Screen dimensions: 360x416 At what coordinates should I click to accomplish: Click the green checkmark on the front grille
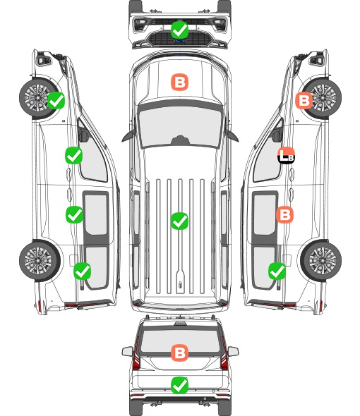pyautogui.click(x=179, y=30)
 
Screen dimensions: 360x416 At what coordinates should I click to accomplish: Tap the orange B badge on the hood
pyautogui.click(x=179, y=82)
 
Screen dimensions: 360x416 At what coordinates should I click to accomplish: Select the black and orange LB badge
pyautogui.click(x=286, y=155)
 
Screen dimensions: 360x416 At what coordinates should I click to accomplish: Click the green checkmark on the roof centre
pyautogui.click(x=179, y=221)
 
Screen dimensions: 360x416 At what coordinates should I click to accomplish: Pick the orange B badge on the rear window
pyautogui.click(x=179, y=353)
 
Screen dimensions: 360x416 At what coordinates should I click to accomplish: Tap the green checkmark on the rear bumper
pyautogui.click(x=179, y=385)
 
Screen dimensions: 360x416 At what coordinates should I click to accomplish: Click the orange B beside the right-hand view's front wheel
pyautogui.click(x=304, y=100)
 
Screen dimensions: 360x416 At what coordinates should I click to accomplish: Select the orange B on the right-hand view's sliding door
pyautogui.click(x=284, y=214)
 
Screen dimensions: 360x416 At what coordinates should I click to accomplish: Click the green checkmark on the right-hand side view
pyautogui.click(x=277, y=271)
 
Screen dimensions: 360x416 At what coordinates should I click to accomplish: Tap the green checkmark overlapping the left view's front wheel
pyautogui.click(x=56, y=100)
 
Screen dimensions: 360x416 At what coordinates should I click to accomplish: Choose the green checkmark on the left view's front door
pyautogui.click(x=74, y=155)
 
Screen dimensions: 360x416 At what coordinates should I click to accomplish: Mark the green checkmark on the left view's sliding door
pyautogui.click(x=74, y=214)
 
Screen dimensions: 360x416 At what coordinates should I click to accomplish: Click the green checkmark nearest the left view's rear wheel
pyautogui.click(x=82, y=271)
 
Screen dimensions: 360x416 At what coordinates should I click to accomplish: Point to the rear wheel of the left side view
pyautogui.click(x=40, y=261)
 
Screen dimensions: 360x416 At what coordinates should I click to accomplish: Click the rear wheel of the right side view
pyautogui.click(x=321, y=261)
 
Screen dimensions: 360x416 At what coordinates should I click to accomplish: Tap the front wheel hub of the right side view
pyautogui.click(x=323, y=97)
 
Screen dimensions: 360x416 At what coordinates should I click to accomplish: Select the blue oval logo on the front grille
pyautogui.click(x=180, y=41)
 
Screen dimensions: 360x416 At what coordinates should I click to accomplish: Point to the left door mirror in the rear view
pyautogui.click(x=128, y=351)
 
